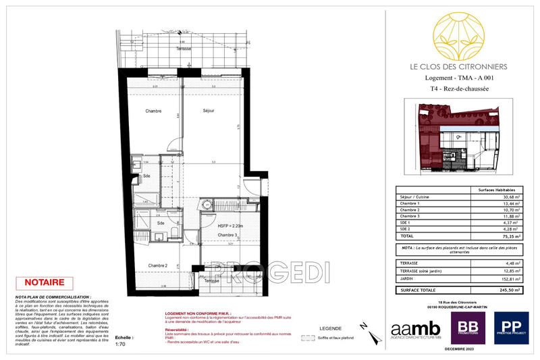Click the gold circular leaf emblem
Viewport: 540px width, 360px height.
pos(462,36)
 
